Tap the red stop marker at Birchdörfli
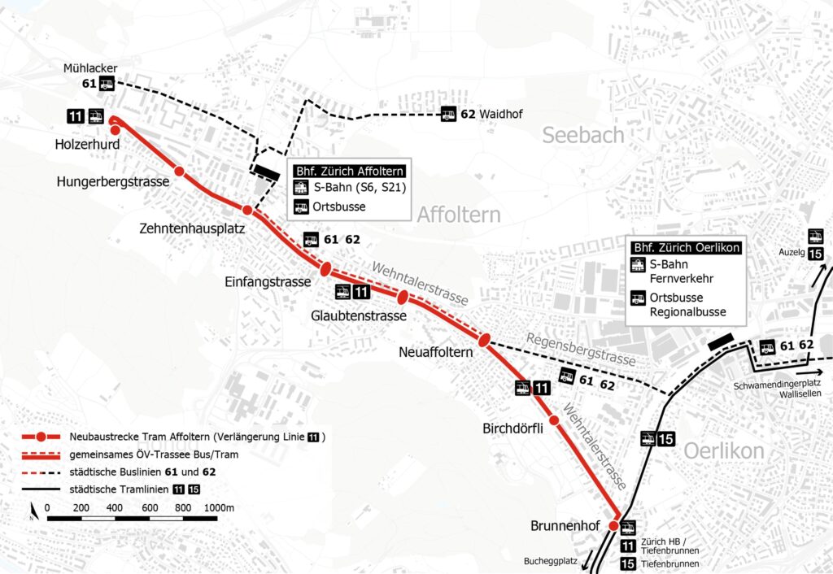pos(554,420)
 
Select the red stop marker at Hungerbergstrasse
pos(180,172)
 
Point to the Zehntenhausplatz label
pos(192,229)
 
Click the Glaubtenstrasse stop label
pos(357,315)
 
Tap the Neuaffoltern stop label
pos(436,353)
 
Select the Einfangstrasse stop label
pos(268,282)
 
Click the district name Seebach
pos(583,135)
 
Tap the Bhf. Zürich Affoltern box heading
pos(349,172)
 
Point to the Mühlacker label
pos(90,67)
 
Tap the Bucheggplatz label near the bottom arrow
pos(552,561)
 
